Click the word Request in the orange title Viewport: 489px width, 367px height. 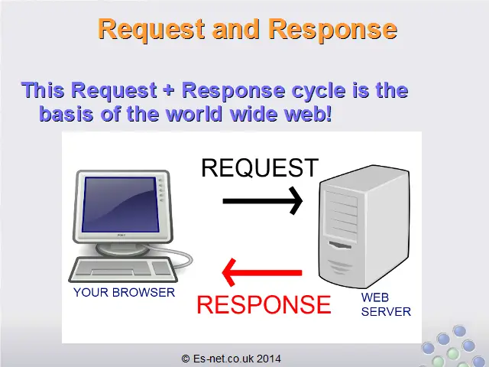tap(151, 29)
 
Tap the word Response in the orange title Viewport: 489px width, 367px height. tap(332, 29)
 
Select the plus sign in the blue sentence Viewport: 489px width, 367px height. tap(169, 90)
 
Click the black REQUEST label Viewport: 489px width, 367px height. tap(260, 168)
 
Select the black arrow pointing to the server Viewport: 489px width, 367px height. tap(263, 200)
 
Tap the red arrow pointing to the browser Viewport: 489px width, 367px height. tap(261, 272)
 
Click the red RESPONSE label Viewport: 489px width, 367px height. tap(264, 304)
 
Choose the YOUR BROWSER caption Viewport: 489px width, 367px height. tap(124, 293)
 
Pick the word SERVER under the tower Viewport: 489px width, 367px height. tap(386, 312)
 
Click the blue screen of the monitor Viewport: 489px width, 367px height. tap(120, 204)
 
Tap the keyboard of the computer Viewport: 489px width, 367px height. tap(123, 270)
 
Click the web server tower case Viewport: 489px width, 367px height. tap(364, 226)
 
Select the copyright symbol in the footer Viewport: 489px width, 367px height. tap(185, 359)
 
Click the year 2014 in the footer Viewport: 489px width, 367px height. tap(269, 359)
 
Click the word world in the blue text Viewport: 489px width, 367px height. tap(196, 114)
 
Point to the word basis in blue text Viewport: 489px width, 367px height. tap(66, 114)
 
